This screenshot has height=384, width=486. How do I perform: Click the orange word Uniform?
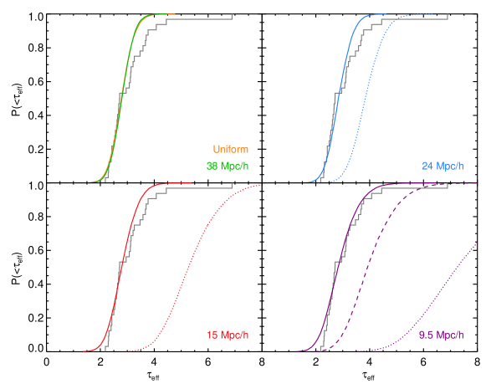coord(230,150)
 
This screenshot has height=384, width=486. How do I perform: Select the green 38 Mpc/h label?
coord(227,166)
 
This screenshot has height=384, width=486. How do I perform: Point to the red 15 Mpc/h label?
coord(227,335)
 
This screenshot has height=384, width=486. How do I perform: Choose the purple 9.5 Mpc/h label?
coord(441,335)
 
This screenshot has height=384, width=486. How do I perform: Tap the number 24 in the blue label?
coord(428,166)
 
